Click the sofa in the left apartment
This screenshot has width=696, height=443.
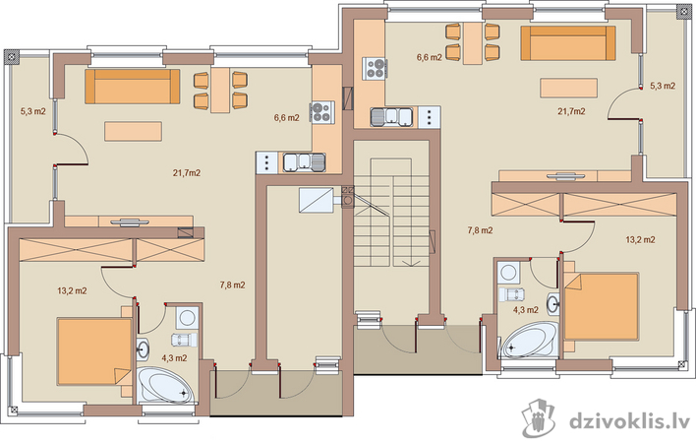tap(133, 87)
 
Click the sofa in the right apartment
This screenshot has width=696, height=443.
tap(568, 42)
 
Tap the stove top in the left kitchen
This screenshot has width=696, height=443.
tap(320, 111)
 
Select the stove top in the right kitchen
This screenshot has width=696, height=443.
tap(376, 69)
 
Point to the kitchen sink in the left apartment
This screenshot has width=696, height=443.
tap(304, 161)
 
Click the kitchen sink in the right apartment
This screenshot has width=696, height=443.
tap(392, 117)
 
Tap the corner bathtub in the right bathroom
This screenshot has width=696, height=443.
tap(529, 340)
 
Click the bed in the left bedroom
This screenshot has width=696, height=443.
tap(94, 351)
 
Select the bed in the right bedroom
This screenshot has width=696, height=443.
tap(601, 306)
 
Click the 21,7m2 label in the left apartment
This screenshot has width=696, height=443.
tap(187, 173)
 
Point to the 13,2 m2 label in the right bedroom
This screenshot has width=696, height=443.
tap(640, 240)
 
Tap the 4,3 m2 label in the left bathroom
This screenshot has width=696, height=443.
tap(174, 358)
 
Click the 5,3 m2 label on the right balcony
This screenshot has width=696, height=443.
tap(663, 86)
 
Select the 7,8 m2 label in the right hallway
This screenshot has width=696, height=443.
tap(480, 230)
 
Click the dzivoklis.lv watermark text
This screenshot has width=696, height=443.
tap(629, 420)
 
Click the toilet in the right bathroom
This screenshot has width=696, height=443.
tap(512, 294)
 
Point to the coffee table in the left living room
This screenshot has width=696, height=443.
tap(133, 132)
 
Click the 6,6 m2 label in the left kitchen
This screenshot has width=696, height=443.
tap(286, 118)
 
